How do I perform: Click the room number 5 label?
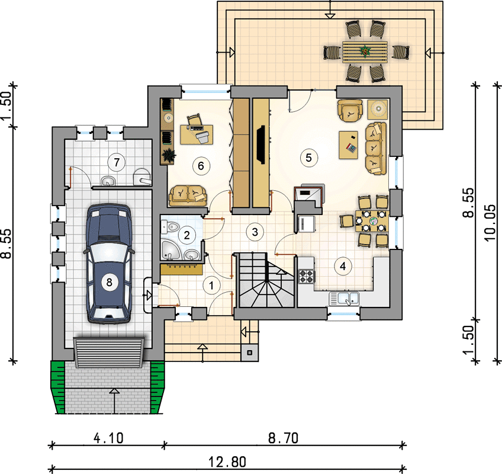tap(308, 158)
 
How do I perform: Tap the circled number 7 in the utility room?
tap(117, 162)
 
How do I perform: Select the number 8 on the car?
tap(109, 282)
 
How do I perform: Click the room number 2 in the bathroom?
tap(186, 235)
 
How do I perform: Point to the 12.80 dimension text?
tap(228, 462)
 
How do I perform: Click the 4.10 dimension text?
tap(108, 438)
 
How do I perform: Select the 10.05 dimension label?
tap(490, 223)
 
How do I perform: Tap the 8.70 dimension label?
tap(283, 438)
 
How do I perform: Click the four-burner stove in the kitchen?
tap(307, 276)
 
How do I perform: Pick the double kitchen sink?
tap(344, 299)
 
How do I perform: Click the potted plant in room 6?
tap(168, 155)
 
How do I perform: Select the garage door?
tap(109, 352)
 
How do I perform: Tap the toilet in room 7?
tap(141, 177)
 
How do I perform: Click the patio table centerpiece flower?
tap(365, 50)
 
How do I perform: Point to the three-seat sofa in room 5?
tap(376, 148)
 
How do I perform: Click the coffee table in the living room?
tap(348, 145)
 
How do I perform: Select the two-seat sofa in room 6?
tap(188, 196)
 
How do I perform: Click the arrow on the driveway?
tap(114, 401)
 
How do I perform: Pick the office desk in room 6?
tap(197, 134)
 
